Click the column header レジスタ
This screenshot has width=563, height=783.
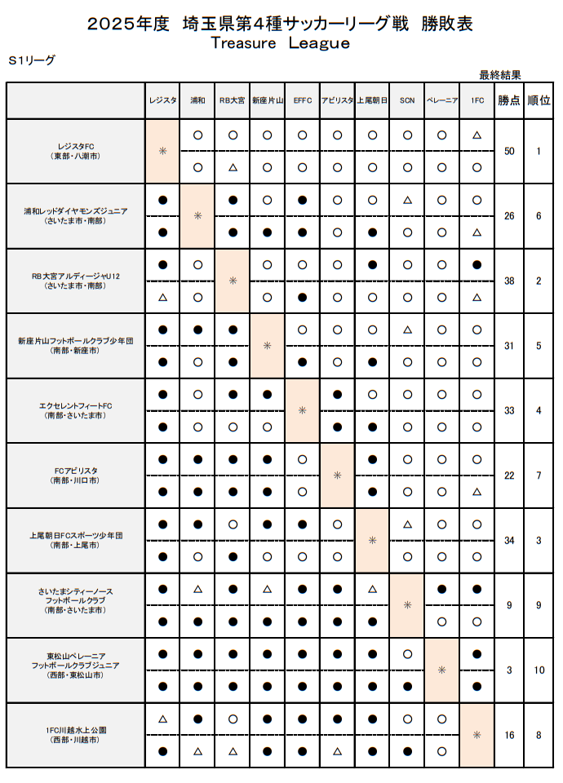pos(162,100)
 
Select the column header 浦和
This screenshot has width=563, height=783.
pos(197,100)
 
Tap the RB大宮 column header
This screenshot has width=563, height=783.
pos(233,100)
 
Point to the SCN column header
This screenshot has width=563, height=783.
pos(407,100)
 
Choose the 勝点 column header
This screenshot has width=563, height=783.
pos(509,100)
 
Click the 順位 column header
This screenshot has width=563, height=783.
pos(539,100)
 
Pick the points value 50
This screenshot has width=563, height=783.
pos(509,151)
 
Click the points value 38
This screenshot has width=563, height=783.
pos(509,281)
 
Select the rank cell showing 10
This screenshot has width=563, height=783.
pos(539,670)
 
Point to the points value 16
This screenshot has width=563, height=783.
pos(509,735)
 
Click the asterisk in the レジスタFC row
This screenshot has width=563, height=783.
pos(162,151)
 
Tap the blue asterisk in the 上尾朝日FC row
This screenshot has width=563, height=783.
pos(372,540)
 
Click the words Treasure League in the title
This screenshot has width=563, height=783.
pos(280,43)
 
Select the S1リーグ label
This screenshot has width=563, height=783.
pos(32,60)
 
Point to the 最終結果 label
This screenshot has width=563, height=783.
pos(500,74)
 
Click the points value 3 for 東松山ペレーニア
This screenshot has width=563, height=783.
pos(509,670)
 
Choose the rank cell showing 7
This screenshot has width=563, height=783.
pos(539,476)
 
